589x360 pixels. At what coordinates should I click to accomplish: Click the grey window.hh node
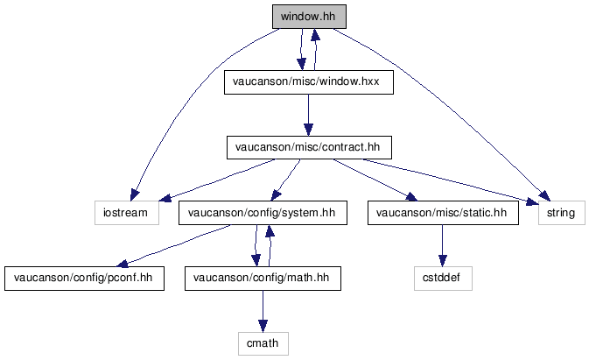(309, 17)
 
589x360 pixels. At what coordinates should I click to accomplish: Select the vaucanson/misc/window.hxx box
(309, 82)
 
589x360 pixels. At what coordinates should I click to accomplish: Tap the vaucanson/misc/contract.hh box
(309, 147)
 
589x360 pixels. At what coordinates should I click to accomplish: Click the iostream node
(127, 213)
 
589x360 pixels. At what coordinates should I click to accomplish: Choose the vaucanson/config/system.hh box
(263, 213)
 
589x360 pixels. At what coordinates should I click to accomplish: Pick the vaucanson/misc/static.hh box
(443, 213)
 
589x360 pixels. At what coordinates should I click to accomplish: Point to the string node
(562, 213)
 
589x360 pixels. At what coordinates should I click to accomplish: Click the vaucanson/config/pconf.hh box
(84, 279)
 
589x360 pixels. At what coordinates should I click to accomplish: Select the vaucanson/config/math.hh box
(263, 279)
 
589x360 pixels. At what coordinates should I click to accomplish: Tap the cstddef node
(443, 279)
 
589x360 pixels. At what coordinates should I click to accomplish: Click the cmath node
(263, 343)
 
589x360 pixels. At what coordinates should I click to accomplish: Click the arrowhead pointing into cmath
(263, 326)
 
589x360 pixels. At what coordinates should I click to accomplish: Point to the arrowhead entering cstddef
(443, 261)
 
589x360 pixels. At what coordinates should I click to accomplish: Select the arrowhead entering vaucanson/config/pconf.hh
(123, 263)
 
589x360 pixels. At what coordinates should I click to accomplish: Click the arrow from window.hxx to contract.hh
(308, 115)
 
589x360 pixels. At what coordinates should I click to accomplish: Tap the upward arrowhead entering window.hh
(316, 34)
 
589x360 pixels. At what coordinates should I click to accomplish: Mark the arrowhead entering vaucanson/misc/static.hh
(411, 197)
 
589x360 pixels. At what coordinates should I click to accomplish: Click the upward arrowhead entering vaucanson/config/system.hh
(270, 231)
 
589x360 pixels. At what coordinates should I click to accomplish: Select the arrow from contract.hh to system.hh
(285, 180)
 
